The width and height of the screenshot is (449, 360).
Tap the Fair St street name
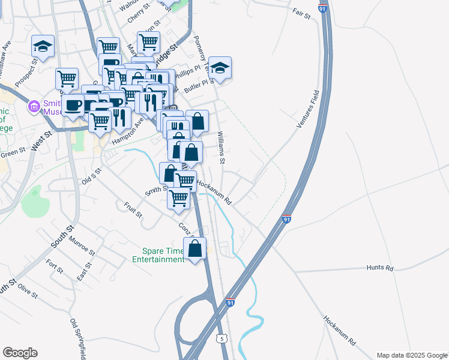coord(301,13)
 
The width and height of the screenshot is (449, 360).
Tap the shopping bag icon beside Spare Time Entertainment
coord(195,249)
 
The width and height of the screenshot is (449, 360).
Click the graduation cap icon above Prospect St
coord(43,46)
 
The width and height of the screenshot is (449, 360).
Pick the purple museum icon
coord(34,107)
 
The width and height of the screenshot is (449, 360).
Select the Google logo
coord(20,353)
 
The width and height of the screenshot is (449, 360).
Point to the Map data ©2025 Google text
coord(411,355)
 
